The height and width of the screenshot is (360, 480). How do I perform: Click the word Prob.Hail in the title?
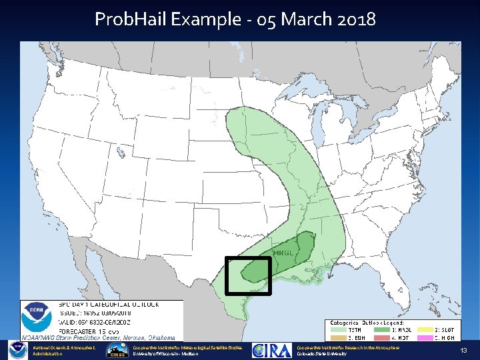[x=131, y=19]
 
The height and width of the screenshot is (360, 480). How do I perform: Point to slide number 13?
[x=463, y=351]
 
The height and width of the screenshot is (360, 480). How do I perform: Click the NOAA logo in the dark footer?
[x=17, y=351]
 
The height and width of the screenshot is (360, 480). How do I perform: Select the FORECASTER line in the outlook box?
[x=87, y=330]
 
